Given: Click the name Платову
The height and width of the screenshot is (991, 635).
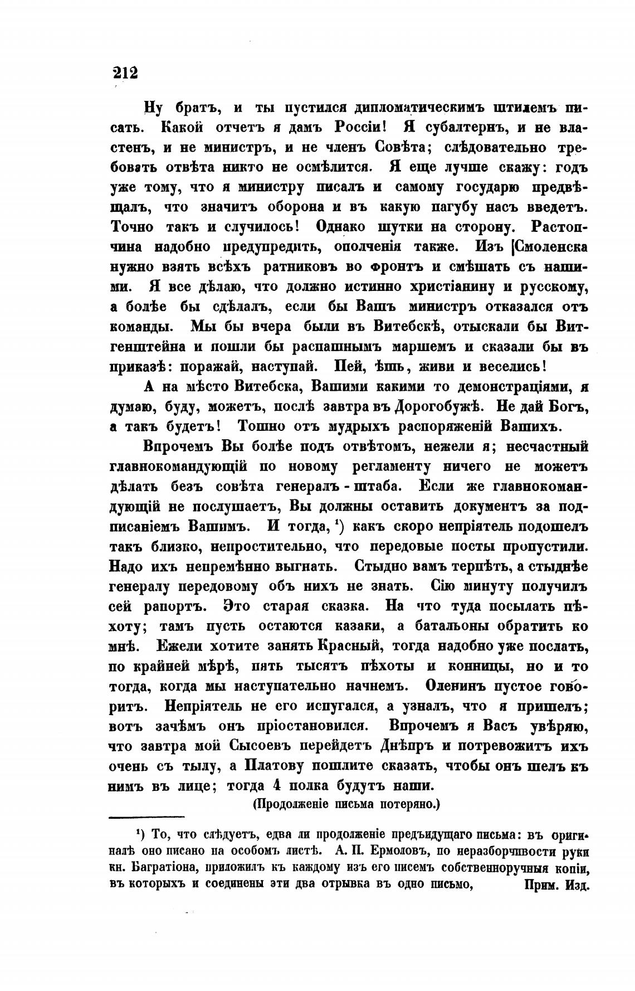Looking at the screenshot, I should click(274, 766).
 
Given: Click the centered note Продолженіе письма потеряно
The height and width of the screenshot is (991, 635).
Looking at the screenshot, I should click(346, 804).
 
